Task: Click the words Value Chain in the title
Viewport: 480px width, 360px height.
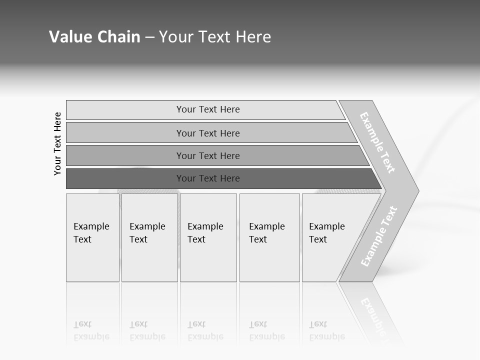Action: tap(94, 37)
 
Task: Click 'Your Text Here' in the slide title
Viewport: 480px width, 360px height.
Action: tap(215, 37)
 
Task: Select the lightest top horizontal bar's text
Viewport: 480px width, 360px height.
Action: tap(208, 109)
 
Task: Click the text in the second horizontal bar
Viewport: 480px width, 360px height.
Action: tap(208, 133)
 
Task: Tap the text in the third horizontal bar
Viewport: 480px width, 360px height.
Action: tap(208, 156)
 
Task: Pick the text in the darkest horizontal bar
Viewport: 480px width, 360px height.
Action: tap(208, 178)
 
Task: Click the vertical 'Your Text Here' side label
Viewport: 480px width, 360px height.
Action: tap(57, 143)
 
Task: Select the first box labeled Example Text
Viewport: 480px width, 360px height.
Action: tap(91, 233)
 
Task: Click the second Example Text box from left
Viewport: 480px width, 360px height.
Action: tap(147, 233)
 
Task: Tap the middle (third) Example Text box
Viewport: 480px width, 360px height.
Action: tap(205, 233)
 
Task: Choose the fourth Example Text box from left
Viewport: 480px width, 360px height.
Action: tap(267, 233)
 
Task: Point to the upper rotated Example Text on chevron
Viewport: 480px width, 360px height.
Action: tap(377, 143)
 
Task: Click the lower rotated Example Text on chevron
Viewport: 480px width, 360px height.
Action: tap(379, 236)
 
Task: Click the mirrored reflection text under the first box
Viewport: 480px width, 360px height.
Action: tap(91, 330)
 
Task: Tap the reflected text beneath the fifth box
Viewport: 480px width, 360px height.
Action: tap(327, 330)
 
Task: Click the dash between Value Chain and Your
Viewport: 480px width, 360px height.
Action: tap(149, 37)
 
